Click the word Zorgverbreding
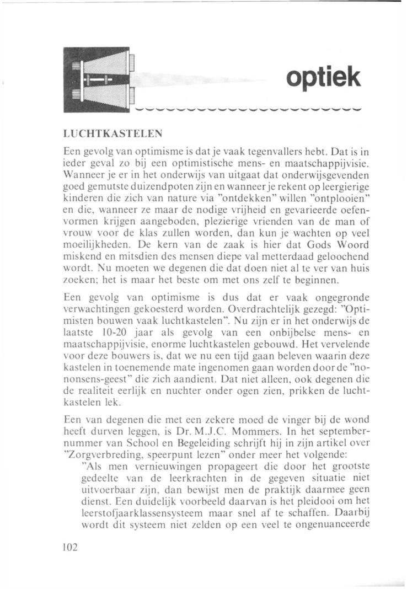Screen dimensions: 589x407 tap(100, 441)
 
